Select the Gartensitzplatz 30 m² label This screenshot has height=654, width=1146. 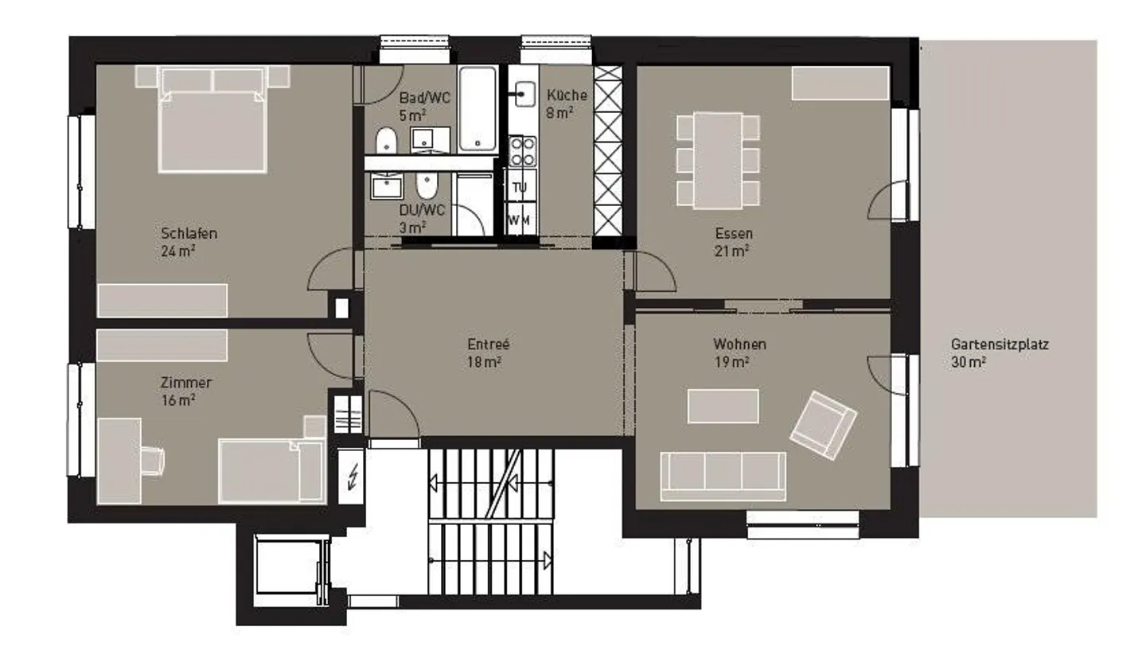click(x=999, y=352)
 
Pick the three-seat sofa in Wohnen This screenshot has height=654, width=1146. click(x=723, y=475)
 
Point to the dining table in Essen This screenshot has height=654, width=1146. click(x=717, y=160)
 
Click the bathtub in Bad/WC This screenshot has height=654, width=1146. click(x=477, y=110)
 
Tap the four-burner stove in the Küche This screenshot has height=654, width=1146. click(x=522, y=151)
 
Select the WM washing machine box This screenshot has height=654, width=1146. click(x=520, y=220)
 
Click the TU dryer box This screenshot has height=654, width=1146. click(x=520, y=189)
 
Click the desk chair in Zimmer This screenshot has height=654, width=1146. click(x=153, y=460)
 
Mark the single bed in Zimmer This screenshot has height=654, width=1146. click(x=271, y=469)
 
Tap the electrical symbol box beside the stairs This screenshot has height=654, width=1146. click(x=351, y=477)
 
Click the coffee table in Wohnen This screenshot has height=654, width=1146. click(x=723, y=406)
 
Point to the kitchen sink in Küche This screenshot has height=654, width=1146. click(x=523, y=94)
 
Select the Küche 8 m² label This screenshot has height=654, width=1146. click(x=566, y=103)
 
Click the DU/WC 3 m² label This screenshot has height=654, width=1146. click(x=421, y=217)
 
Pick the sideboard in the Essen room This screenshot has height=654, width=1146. click(x=840, y=84)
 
